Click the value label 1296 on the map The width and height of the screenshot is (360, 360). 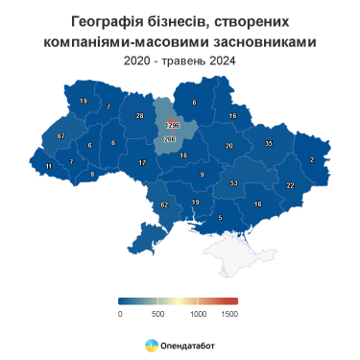[174, 126]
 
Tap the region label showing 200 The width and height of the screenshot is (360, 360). [170, 140]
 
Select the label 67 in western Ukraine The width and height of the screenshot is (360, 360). [60, 136]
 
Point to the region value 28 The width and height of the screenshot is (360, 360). [139, 116]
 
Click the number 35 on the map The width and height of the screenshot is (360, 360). [269, 143]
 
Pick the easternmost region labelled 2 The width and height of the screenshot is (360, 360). [312, 159]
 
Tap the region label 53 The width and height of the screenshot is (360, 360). [233, 182]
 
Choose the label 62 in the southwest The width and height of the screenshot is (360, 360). [164, 205]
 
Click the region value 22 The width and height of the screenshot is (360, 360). [290, 185]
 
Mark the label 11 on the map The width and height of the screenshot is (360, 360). [49, 167]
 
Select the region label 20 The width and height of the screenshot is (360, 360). [228, 146]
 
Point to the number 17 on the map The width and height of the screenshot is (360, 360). [142, 163]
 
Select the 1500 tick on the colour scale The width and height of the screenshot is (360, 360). [228, 313]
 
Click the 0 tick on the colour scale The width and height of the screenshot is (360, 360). [120, 313]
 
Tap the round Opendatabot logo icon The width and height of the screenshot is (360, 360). [152, 345]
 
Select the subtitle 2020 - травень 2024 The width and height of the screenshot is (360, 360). [180, 60]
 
